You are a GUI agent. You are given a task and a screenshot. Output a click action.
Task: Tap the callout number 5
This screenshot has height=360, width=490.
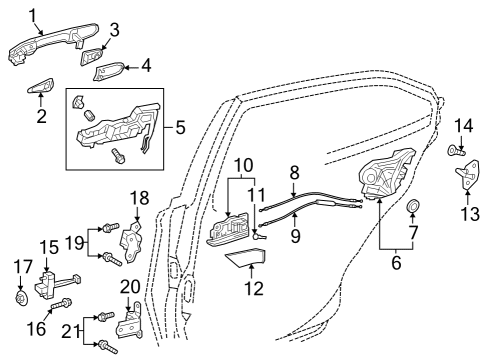[x=181, y=127]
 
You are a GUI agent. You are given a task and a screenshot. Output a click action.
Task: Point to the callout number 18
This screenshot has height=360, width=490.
[x=139, y=199]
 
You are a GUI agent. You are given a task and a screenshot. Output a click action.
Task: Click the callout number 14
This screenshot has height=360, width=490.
[x=463, y=125]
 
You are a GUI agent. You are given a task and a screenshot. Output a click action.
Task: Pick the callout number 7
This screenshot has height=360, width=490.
[x=412, y=233]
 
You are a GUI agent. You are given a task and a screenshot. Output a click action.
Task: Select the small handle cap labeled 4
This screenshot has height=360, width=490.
[x=109, y=72]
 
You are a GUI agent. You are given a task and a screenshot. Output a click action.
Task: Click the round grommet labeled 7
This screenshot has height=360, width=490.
[x=412, y=208]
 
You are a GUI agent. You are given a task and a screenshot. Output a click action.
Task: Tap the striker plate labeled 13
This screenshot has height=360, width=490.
[x=466, y=178]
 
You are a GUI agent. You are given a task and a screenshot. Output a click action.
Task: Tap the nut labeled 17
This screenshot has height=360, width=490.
[x=22, y=298]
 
